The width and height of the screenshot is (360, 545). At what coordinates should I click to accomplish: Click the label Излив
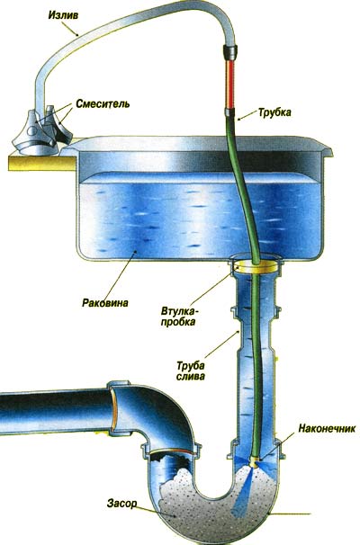coord(63,15)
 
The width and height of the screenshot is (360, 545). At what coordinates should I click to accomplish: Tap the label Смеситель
coord(103,103)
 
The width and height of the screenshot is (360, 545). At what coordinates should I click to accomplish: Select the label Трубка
coord(274,112)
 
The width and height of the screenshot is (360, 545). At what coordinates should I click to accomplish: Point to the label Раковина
coord(105,302)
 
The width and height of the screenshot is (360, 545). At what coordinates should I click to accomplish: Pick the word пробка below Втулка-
coord(177,321)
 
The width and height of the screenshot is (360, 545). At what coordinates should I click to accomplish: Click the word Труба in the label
coord(190,366)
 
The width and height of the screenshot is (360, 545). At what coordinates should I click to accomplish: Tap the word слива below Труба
coord(190,376)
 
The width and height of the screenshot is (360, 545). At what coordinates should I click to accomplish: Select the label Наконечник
coord(327,428)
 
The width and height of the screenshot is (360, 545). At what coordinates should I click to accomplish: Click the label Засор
coord(121,504)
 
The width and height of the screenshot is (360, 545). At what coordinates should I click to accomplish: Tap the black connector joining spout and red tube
coord(229,52)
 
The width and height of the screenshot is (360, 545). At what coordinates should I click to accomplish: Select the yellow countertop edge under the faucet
coord(41,163)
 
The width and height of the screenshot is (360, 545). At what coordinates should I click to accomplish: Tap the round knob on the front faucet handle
coord(32,130)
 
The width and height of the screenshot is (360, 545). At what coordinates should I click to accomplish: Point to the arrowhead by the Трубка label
coord(239,120)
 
